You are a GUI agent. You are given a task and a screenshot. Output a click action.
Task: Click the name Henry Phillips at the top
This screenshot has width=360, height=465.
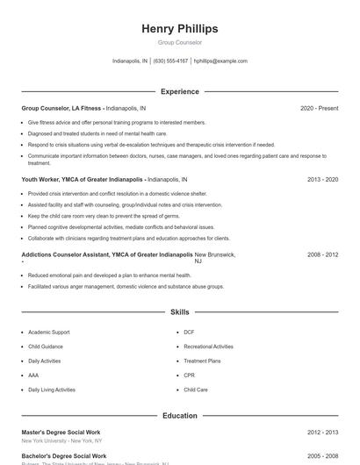pyautogui.click(x=179, y=29)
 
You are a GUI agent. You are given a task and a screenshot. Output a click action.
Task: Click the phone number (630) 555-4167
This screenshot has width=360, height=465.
pyautogui.click(x=170, y=61)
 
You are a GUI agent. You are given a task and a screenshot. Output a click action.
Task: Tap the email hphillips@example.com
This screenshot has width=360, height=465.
pyautogui.click(x=220, y=61)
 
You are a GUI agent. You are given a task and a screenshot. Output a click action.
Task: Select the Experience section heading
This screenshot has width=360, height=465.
pyautogui.click(x=179, y=91)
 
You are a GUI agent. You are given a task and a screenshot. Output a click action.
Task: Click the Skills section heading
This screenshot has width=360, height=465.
pyautogui.click(x=179, y=311)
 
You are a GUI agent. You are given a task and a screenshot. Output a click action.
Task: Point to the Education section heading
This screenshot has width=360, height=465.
pyautogui.click(x=179, y=416)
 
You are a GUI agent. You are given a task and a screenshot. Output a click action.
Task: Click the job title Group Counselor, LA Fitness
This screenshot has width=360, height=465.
pyautogui.click(x=62, y=108)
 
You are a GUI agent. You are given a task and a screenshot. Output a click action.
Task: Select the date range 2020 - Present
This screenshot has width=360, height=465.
pyautogui.click(x=319, y=108)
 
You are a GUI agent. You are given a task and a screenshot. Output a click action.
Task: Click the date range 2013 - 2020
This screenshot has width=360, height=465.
pyautogui.click(x=322, y=179)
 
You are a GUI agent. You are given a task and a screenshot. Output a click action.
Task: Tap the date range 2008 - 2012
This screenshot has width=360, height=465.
pyautogui.click(x=322, y=254)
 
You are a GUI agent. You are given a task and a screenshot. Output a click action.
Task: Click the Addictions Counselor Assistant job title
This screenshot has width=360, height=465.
pyautogui.click(x=106, y=254)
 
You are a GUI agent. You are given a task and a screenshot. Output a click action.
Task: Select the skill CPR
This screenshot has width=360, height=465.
pyautogui.click(x=189, y=376)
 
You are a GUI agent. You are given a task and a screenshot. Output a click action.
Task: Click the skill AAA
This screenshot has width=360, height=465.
pyautogui.click(x=34, y=376)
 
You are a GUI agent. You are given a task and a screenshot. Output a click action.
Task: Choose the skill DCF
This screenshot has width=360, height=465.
pyautogui.click(x=189, y=333)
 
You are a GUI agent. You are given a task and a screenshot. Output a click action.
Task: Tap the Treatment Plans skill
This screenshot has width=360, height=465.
pyautogui.click(x=202, y=361)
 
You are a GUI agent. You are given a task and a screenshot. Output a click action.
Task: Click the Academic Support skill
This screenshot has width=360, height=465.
pyautogui.click(x=48, y=333)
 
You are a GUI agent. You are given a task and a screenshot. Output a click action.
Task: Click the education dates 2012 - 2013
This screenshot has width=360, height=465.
pyautogui.click(x=322, y=433)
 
